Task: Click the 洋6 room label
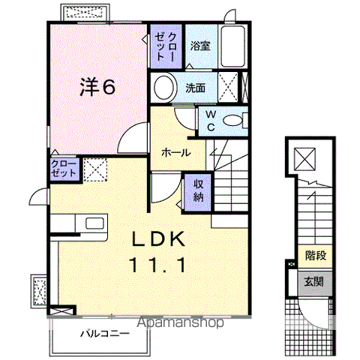click(97, 86)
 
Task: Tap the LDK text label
click(158, 239)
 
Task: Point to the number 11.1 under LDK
click(157, 265)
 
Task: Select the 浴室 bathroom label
click(200, 46)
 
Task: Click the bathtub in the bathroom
click(233, 46)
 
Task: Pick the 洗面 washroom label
click(195, 88)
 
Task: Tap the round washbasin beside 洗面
click(163, 87)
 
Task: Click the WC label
click(211, 121)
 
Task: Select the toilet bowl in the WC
click(233, 121)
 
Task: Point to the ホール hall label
click(176, 152)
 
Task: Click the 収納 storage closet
click(198, 192)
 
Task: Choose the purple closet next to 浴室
click(166, 46)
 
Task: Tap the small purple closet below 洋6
click(63, 169)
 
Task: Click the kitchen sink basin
click(94, 223)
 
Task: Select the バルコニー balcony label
click(105, 334)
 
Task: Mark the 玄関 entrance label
click(314, 282)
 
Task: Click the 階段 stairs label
click(316, 256)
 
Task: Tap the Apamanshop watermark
click(180, 322)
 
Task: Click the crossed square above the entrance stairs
click(304, 159)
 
